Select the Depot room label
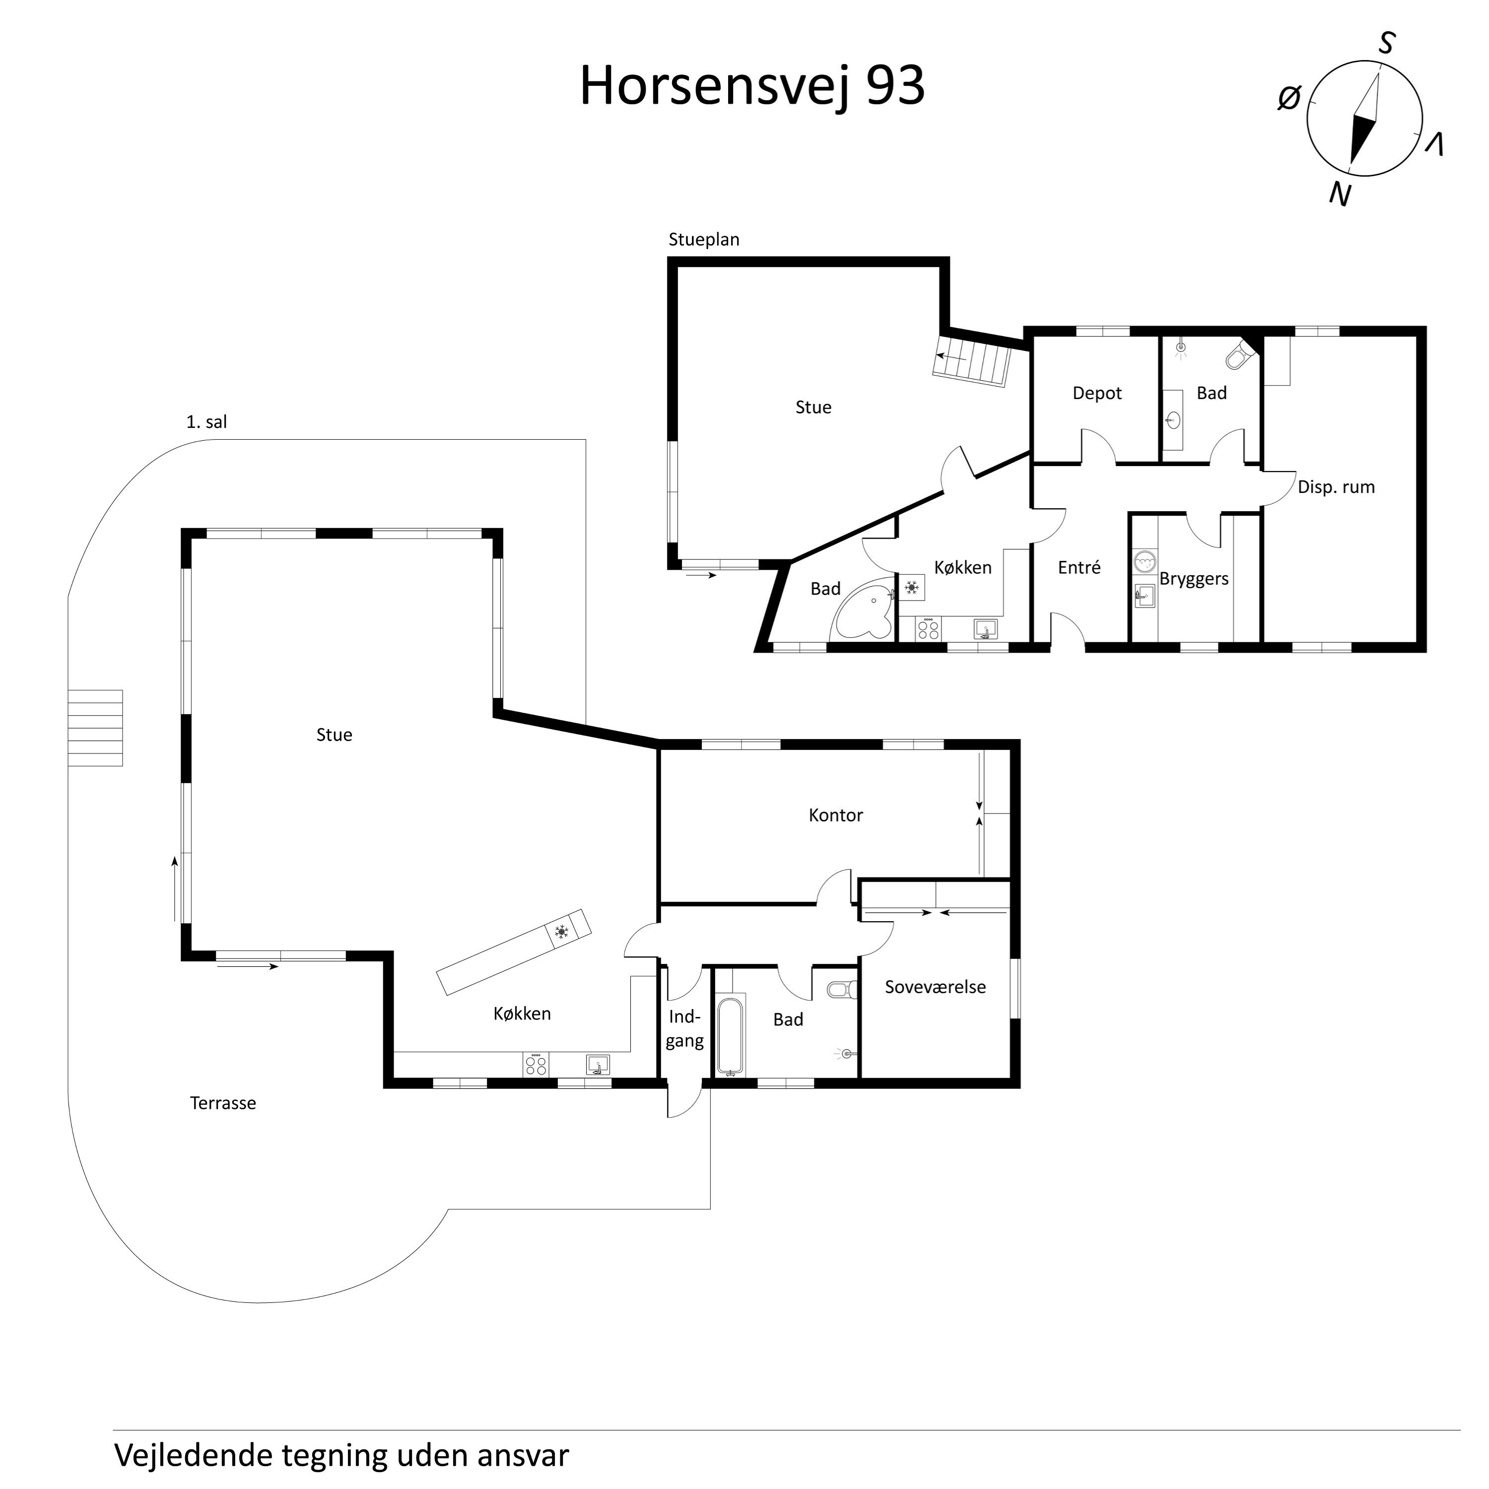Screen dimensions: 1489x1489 (1097, 393)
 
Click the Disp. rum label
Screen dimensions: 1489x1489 (1336, 487)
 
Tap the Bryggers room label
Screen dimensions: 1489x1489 (1193, 579)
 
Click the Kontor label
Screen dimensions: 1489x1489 (835, 815)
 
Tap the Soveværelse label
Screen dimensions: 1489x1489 (935, 987)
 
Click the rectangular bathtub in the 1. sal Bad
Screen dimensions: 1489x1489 (730, 1037)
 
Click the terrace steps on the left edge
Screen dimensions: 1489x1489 (95, 728)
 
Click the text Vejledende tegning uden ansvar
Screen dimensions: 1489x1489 (341, 1455)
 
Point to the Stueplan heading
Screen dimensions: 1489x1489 (704, 240)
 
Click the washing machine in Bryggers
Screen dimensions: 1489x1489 (1145, 561)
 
